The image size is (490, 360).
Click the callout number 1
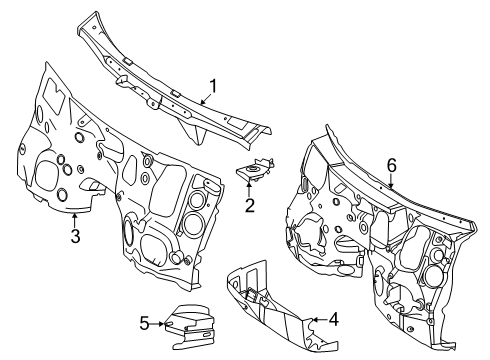tap(213, 86)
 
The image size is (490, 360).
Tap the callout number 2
tap(250, 205)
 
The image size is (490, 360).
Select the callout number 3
tap(75, 236)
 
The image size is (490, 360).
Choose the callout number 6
tap(391, 165)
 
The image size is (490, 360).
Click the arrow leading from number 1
tap(206, 99)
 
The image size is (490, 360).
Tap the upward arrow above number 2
tap(250, 189)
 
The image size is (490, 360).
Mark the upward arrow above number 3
tap(75, 221)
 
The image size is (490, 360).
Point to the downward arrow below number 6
tap(391, 181)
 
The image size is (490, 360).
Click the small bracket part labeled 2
tap(255, 170)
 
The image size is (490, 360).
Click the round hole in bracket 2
tap(252, 168)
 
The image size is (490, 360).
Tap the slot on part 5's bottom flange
tap(206, 334)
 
